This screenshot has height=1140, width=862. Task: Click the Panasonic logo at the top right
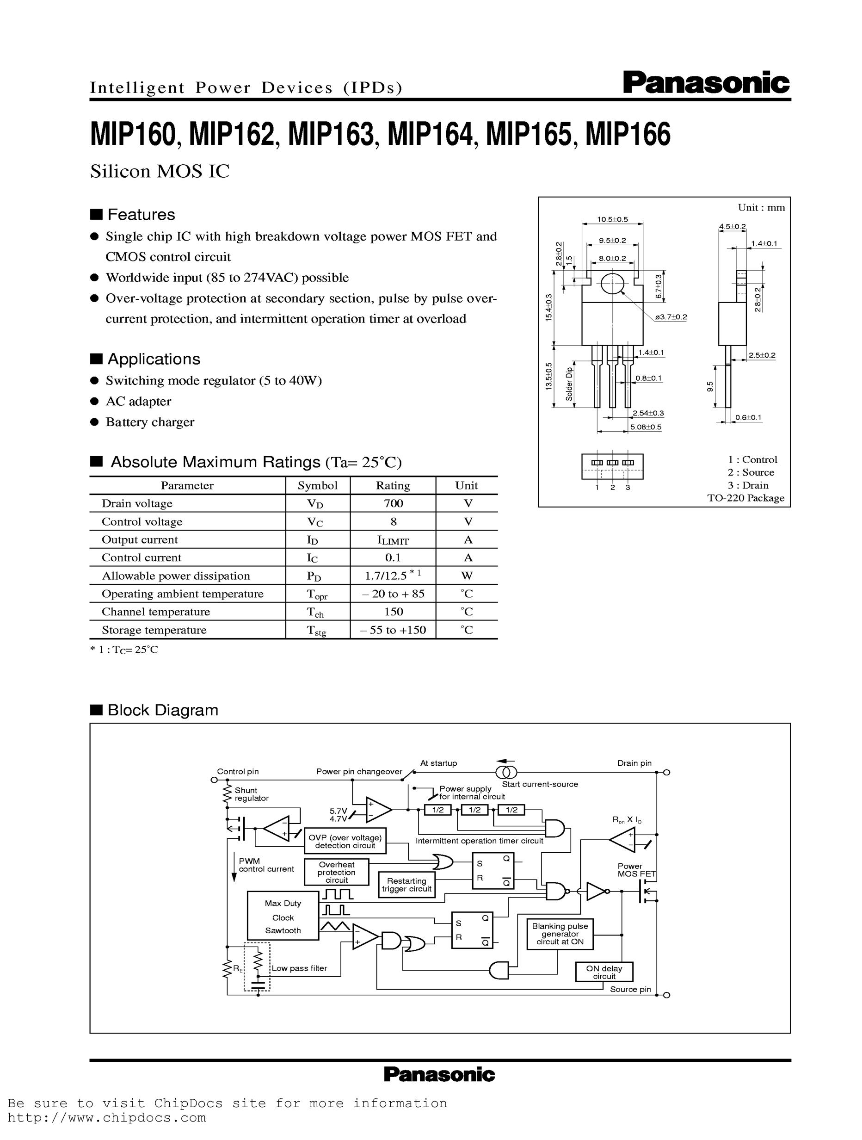point(706,82)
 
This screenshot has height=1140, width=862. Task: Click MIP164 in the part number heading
point(430,135)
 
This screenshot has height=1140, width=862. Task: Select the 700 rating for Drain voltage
point(393,503)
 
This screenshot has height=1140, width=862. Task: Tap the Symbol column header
point(317,485)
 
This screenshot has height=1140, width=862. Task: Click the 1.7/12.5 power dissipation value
point(393,575)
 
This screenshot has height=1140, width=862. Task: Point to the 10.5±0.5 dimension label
point(612,219)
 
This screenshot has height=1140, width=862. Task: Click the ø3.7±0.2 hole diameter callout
point(671,317)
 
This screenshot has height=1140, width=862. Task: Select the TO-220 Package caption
point(745,498)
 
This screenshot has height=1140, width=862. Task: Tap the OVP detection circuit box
point(345,841)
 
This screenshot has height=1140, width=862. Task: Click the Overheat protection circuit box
point(337,872)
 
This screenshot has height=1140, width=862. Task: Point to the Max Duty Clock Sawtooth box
point(283,916)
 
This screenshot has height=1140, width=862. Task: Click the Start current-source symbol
point(506,772)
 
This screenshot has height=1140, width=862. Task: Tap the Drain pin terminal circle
point(667,773)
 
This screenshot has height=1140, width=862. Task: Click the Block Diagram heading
point(162,710)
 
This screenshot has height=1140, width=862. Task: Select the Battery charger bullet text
point(150,421)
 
